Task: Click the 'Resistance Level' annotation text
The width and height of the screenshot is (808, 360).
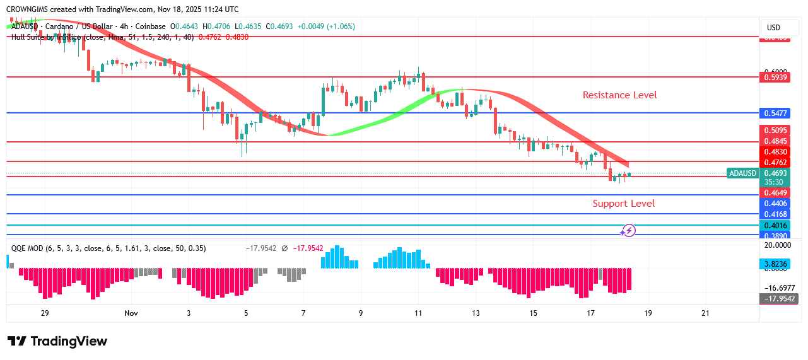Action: pos(619,95)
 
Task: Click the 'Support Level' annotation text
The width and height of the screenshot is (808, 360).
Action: pos(623,204)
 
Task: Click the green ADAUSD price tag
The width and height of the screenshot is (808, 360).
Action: pos(742,173)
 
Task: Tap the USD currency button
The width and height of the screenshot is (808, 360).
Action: pos(773,28)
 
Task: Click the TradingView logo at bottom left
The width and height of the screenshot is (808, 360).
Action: pos(57,341)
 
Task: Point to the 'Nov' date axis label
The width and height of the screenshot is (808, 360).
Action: pos(131,313)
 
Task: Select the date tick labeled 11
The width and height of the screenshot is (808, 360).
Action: pos(418,313)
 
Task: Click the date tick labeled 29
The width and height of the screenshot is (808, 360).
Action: pos(45,313)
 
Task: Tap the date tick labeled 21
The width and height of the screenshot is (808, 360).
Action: pos(705,313)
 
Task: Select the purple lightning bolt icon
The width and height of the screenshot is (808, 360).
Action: pos(629,231)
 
